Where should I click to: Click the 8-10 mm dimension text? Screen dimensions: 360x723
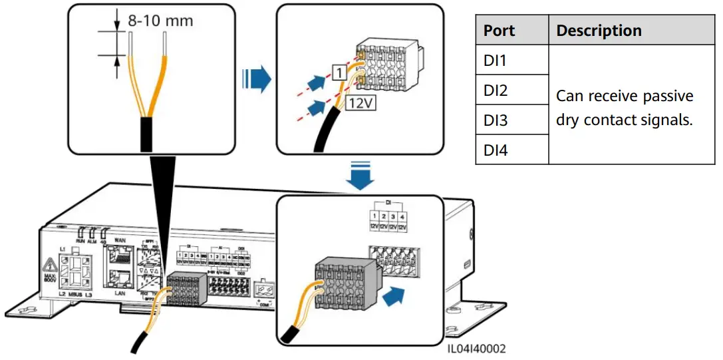pos(161,21)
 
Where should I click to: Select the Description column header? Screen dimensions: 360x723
pos(599,31)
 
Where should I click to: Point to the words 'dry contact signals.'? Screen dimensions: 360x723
pos(624,121)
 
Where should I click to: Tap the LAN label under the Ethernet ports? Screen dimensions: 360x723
pos(120,291)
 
